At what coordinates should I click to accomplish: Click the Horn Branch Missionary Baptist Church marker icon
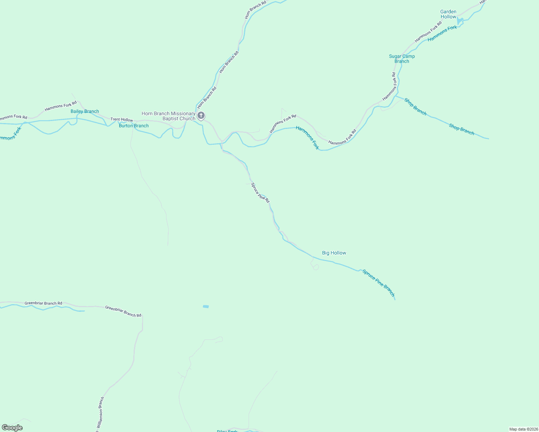coord(201,116)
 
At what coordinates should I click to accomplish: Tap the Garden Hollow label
coord(448,14)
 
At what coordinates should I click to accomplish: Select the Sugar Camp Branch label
coord(402,59)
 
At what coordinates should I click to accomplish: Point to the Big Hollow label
coord(334,253)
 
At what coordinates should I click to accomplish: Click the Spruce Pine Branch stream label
coord(379,283)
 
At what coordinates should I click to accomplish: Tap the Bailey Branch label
coord(85,111)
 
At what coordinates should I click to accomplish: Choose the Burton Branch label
coord(134,126)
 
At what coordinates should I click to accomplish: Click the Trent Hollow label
coord(121,120)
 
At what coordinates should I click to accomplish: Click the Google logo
coord(12,428)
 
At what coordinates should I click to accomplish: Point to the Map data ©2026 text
coord(523,429)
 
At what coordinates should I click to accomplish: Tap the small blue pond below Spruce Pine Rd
coord(206,306)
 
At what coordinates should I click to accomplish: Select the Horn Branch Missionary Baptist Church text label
coord(169,116)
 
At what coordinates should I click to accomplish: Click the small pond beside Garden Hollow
coord(460,21)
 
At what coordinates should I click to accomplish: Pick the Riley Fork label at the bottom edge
coord(227,431)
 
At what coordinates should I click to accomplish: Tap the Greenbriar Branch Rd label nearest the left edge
coord(43,303)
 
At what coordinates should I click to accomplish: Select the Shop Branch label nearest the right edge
coord(462,129)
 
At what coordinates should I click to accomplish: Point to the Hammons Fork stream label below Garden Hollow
coord(442,33)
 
